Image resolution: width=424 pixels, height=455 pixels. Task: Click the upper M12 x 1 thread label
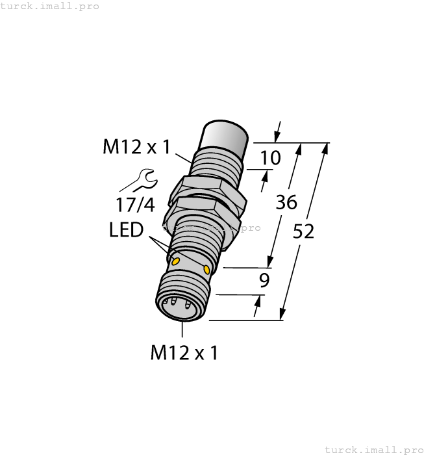coord(136,148)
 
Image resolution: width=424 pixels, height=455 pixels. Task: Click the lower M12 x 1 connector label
coord(184,353)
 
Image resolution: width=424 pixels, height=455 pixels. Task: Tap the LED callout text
coord(126,229)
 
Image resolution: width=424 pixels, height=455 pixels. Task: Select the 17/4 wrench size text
coord(135,205)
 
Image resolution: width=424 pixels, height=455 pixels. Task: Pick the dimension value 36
coord(286,202)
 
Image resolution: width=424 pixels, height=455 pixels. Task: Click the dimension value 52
coord(303,231)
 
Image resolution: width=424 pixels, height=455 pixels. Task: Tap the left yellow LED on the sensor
coord(175,260)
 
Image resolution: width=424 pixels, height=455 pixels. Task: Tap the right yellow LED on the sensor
coord(207,269)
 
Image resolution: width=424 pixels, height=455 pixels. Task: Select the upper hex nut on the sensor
coord(208,190)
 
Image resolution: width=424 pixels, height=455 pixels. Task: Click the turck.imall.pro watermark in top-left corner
coord(50,6)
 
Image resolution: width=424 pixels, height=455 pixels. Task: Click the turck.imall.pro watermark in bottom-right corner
coord(373,449)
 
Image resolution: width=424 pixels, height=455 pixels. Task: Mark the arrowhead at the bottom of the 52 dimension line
coord(284,314)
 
